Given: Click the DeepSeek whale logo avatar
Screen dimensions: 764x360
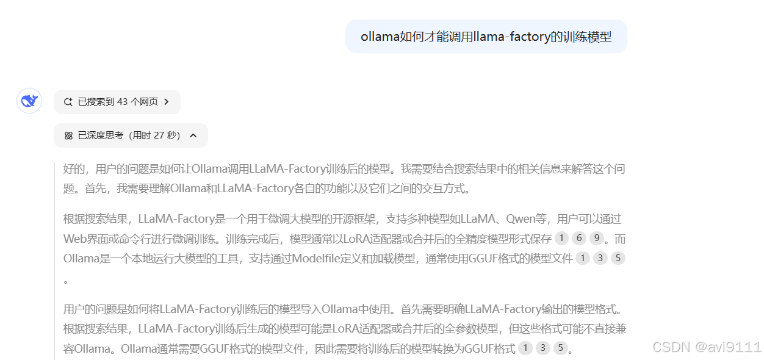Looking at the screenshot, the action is coord(29,101).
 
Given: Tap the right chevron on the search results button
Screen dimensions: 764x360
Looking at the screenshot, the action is coord(167,102).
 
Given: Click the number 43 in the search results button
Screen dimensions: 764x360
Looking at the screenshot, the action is coord(122,102).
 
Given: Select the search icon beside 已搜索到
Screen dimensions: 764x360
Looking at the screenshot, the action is coord(68,102).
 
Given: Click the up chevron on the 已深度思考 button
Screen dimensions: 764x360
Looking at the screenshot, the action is coord(193,135).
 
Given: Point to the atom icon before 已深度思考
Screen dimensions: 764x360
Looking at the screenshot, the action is coord(68,135).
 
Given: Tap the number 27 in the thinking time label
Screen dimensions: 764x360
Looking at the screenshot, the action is coord(159,135).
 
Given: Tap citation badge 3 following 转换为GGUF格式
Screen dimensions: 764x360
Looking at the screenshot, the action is coord(543,349).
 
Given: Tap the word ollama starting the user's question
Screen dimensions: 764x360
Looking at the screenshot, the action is coord(380,37).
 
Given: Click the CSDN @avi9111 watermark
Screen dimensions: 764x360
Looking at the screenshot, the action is coord(707,347).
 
